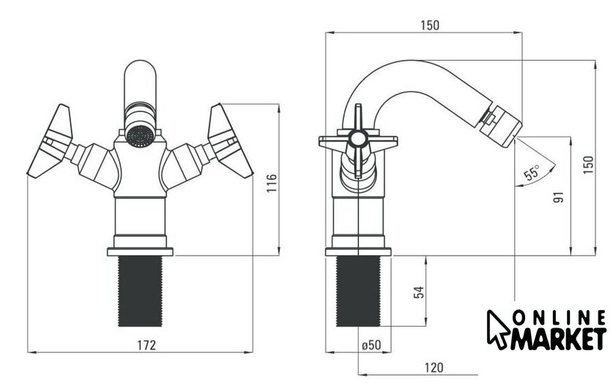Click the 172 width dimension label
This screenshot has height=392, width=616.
pyautogui.click(x=146, y=345)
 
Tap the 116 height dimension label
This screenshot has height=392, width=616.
pyautogui.click(x=272, y=183)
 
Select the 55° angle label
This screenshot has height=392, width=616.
pyautogui.click(x=532, y=173)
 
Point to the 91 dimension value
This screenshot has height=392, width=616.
pyautogui.click(x=558, y=196)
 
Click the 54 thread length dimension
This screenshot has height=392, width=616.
pyautogui.click(x=419, y=292)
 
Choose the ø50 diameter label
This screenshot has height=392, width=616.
pyautogui.click(x=371, y=345)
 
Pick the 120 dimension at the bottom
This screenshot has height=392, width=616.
pyautogui.click(x=433, y=368)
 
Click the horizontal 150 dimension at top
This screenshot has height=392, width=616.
pyautogui.click(x=430, y=26)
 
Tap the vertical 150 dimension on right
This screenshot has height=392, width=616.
pyautogui.click(x=588, y=165)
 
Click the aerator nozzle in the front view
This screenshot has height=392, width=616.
pyautogui.click(x=140, y=136)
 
